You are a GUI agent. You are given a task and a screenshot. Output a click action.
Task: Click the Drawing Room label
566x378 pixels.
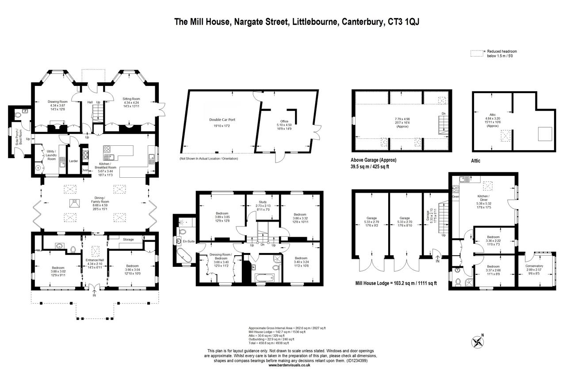tap(57, 101)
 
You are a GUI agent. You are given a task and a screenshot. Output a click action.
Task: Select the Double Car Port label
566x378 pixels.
tap(222, 120)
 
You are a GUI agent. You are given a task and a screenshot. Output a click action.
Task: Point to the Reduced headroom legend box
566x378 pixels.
tap(476, 54)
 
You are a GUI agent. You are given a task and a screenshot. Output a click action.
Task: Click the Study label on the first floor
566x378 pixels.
tap(262, 202)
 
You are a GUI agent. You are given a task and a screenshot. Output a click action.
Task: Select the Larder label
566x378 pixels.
tap(73, 161)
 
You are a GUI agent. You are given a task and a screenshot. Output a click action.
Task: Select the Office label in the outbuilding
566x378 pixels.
tap(284, 121)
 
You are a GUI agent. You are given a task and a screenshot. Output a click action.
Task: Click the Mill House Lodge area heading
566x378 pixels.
tap(396, 282)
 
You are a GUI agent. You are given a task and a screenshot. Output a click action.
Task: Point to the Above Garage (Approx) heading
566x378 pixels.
tap(373, 160)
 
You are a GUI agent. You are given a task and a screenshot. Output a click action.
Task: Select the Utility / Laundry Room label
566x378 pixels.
tap(51, 155)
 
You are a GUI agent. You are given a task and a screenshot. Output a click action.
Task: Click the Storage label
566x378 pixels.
tap(128, 239)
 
